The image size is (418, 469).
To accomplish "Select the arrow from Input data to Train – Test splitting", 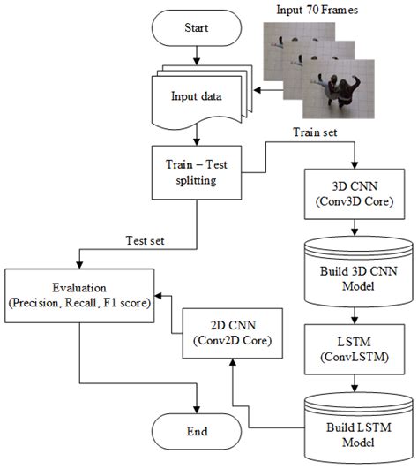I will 196,134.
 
